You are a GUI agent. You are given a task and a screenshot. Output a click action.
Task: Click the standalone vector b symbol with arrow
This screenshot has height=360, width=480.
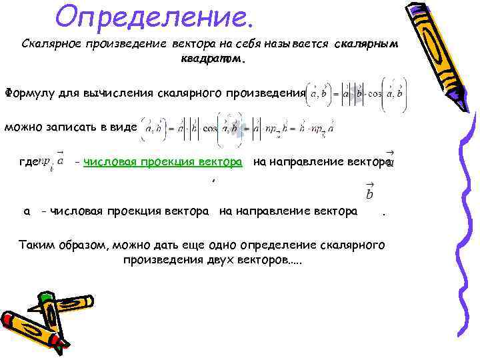370,193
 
